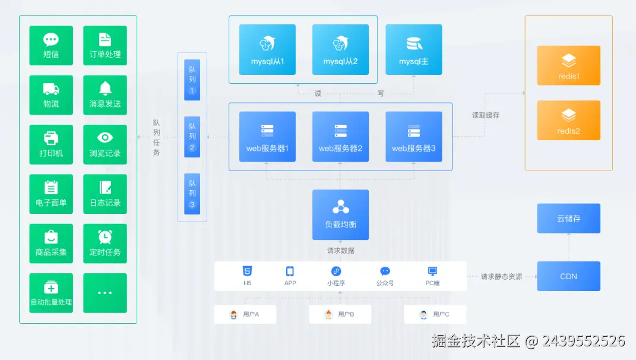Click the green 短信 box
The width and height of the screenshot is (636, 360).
coord(51,46)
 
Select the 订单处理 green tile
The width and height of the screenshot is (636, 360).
coord(105,46)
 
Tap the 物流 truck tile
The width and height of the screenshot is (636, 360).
coord(51,95)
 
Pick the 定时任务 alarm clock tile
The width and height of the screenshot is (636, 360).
coord(105,244)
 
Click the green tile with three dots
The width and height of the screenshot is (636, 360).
coord(105,293)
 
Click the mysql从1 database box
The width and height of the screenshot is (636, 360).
coord(267,50)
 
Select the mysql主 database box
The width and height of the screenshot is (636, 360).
coord(413,50)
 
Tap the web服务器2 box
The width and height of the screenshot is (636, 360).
coord(340,137)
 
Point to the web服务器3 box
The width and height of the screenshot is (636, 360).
coord(413,137)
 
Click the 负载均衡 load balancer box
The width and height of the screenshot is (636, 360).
coord(340,214)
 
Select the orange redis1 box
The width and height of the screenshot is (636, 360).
coord(568,65)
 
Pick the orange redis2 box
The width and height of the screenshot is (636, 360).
coord(568,120)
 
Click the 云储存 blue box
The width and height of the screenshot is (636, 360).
coord(568,218)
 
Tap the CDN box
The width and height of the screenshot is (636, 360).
coord(568,276)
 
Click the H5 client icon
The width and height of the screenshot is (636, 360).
coord(247,275)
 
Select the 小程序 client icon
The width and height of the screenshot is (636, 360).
coord(336,275)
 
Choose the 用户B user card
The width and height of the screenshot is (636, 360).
coord(340,314)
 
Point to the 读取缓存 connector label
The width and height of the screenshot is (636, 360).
coord(486,115)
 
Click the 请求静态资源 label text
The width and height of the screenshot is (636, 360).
coord(501,277)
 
